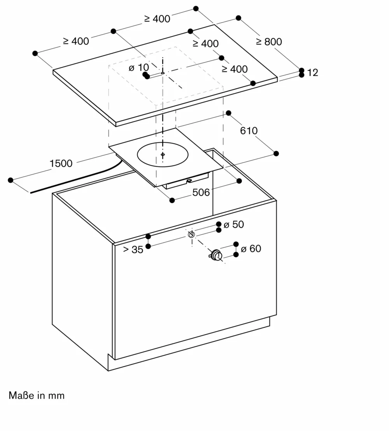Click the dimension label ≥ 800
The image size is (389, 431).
point(269,42)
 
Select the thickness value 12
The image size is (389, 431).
point(312,73)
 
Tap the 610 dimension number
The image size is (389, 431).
point(249,131)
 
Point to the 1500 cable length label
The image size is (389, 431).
point(61,163)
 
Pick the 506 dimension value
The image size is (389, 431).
point(201,193)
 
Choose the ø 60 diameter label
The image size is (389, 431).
point(251,249)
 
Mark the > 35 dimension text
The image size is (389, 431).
point(133,250)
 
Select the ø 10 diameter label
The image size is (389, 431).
point(138,68)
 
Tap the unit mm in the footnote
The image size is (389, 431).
point(56,396)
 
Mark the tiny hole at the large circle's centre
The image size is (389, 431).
point(163,154)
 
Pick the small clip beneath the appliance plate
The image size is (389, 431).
point(189,180)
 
